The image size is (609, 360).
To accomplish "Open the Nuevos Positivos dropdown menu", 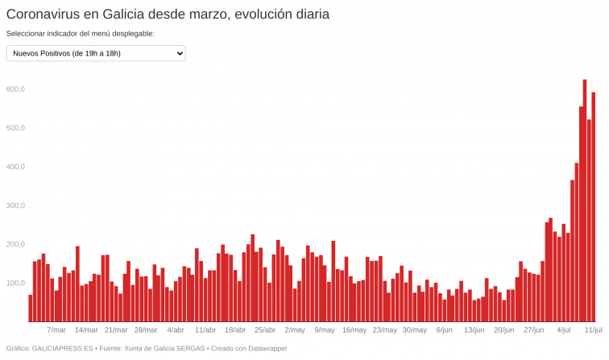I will coord(96,53).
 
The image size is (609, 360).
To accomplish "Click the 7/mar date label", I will coord(56,329).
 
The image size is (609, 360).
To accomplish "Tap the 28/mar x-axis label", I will coord(146,329).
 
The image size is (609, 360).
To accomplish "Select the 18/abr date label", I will coord(235,329).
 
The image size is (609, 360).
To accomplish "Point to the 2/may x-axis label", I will coord(295,329).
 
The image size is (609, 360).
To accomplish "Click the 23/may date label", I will coord(384,329).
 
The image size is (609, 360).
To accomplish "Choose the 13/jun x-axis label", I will coord(474,329).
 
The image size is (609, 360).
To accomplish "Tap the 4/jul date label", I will coord(564,329).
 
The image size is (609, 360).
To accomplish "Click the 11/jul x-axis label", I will coord(594,329).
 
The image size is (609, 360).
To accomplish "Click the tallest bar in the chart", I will coord(585,201).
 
